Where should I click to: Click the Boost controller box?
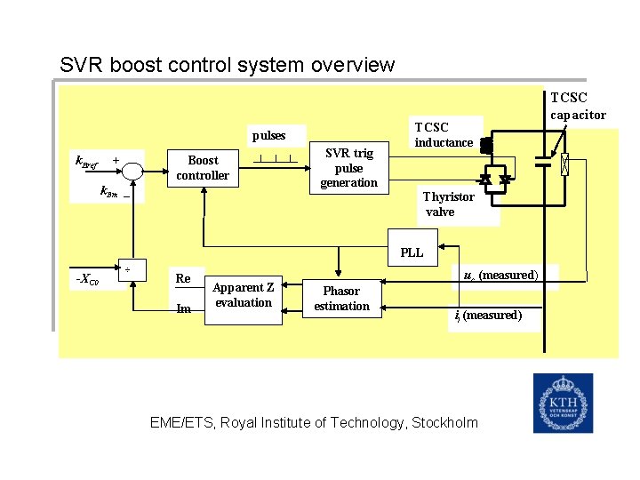[203, 168]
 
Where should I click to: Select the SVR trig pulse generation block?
[348, 168]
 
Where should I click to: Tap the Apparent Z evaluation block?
[244, 295]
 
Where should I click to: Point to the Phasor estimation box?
[341, 299]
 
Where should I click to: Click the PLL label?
[412, 252]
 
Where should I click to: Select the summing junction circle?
[132, 169]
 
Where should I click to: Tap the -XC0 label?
[86, 280]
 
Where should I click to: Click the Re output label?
[183, 278]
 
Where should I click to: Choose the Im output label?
[184, 308]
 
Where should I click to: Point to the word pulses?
[269, 136]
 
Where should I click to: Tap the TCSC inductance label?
[444, 135]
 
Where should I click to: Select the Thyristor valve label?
[448, 204]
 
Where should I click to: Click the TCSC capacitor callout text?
[578, 106]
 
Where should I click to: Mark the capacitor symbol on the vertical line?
[543, 163]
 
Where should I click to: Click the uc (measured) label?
[500, 276]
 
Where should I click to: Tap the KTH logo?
[563, 403]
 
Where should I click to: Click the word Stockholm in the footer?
[439, 423]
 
